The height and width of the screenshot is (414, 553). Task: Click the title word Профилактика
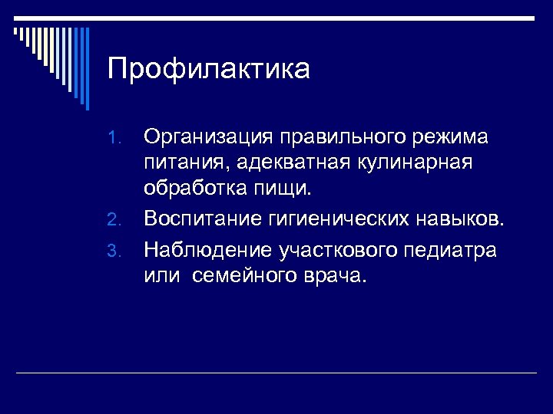209,69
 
